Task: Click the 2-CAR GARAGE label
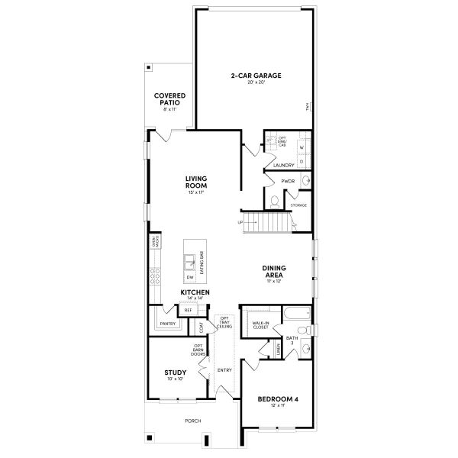coord(256,76)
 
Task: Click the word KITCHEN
coord(195,292)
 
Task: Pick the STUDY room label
coord(176,373)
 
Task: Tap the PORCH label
coord(193,421)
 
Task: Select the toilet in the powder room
coord(274,202)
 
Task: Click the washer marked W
coord(301,147)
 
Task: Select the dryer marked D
coord(301,161)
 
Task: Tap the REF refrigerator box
coord(187,310)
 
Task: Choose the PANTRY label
coord(168,324)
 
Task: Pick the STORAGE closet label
coord(298,205)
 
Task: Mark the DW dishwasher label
coord(190,276)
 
